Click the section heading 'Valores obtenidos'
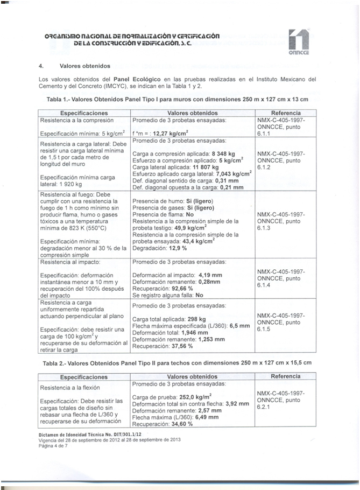[x=84, y=66]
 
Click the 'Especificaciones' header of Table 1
[x=84, y=114]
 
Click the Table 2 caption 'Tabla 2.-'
[x=55, y=363]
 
